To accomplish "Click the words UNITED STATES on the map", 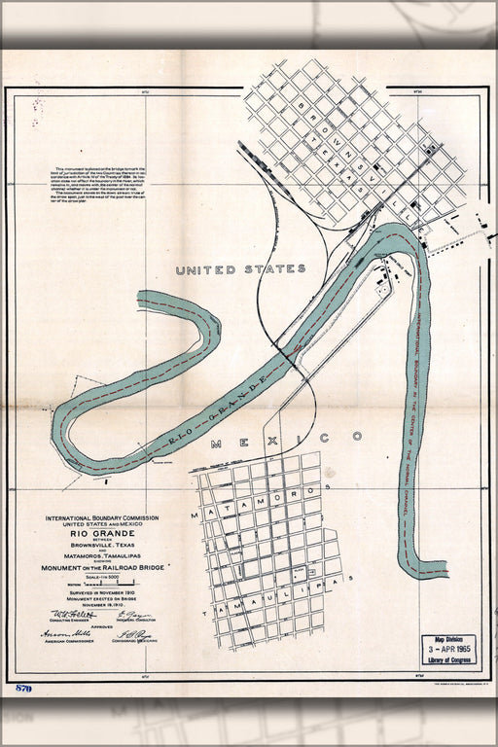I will pyautogui.click(x=240, y=269).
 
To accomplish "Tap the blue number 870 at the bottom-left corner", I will pyautogui.click(x=23, y=689).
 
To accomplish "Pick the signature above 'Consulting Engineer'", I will pyautogui.click(x=66, y=615).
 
